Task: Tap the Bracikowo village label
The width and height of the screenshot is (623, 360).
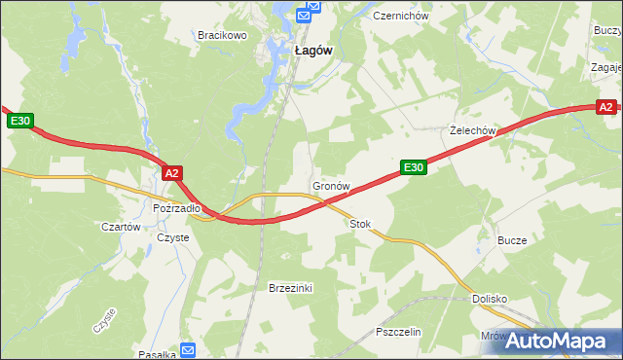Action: (x=223, y=35)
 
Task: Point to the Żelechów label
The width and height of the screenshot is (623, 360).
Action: (x=474, y=130)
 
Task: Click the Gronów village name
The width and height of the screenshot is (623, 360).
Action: (x=330, y=185)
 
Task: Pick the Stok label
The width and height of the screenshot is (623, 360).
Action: (x=360, y=224)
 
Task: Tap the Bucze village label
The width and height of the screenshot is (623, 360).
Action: (x=512, y=240)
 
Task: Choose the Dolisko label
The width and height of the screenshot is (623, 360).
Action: (x=490, y=299)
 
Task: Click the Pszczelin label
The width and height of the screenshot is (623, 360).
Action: (x=397, y=332)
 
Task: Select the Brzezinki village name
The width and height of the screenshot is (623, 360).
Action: (x=289, y=288)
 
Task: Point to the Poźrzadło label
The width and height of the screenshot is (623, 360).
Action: (x=176, y=207)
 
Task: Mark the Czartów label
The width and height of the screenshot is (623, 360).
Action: (x=122, y=227)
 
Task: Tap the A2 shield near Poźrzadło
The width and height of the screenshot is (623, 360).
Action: (x=172, y=173)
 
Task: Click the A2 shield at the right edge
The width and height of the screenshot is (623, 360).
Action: (x=605, y=107)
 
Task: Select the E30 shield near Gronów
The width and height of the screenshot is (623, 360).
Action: (x=414, y=167)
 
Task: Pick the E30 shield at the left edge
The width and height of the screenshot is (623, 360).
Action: (x=21, y=121)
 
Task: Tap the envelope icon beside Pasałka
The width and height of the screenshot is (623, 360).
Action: (x=188, y=349)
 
